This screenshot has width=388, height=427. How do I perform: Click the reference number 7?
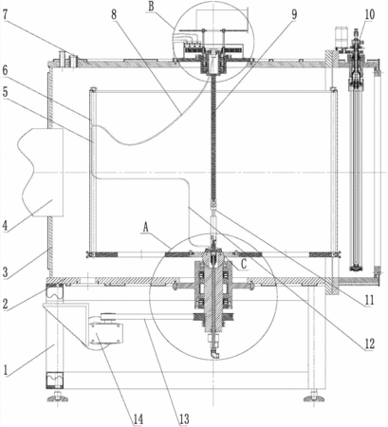point(6,15)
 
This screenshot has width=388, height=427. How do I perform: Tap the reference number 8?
point(114,14)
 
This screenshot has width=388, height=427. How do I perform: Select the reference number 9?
point(294,14)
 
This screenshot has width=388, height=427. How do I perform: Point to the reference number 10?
point(369,14)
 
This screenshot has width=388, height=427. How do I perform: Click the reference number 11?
point(369,300)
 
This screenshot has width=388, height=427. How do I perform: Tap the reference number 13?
point(184,419)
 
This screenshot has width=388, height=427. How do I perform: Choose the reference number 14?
point(138,419)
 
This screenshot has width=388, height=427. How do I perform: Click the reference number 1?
point(6,369)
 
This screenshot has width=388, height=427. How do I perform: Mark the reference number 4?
point(5,226)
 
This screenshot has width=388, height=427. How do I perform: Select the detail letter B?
point(152,7)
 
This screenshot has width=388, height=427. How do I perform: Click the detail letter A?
point(146,227)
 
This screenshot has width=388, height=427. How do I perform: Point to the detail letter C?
point(244,265)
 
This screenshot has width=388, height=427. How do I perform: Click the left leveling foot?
point(58,397)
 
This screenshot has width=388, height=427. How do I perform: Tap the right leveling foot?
point(314,397)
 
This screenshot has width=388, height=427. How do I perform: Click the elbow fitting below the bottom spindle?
point(214,353)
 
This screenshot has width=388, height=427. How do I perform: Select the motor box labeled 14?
point(106,333)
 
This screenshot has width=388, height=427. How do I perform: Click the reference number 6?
point(5,71)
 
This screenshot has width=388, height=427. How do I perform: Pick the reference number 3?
point(5,272)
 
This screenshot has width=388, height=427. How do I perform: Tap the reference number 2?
point(5,304)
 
